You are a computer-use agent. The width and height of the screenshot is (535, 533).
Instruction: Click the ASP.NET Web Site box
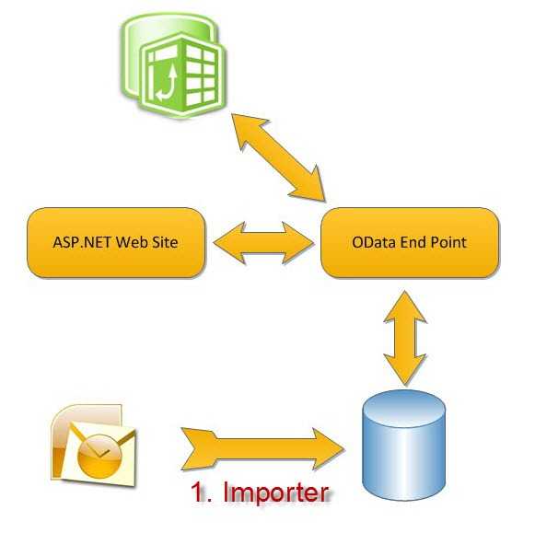[x=116, y=242]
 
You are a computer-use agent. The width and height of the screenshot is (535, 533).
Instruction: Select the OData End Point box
[x=410, y=242]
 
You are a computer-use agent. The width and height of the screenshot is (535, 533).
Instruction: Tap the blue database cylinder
[x=404, y=446]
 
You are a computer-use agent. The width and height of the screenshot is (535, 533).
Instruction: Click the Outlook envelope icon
[x=93, y=446]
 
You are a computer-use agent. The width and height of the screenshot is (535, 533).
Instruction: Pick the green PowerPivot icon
[x=173, y=65]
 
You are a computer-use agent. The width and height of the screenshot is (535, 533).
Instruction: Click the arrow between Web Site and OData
[x=263, y=242]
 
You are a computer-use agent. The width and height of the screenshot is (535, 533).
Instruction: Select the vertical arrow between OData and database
[x=405, y=338]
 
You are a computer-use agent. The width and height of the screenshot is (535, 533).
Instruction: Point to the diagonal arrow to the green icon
[x=278, y=157]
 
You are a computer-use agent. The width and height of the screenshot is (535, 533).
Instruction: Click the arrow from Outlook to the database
[x=262, y=449]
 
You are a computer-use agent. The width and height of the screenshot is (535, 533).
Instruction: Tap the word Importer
[x=276, y=492]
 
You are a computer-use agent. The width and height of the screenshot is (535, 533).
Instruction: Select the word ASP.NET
[x=82, y=242]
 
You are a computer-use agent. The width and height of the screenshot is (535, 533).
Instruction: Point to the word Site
[x=168, y=242]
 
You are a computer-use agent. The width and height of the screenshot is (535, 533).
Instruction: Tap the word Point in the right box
[x=448, y=242]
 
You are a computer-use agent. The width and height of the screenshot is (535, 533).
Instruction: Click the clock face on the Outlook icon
[x=99, y=456]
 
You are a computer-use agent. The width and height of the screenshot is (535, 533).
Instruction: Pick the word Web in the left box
[x=134, y=242]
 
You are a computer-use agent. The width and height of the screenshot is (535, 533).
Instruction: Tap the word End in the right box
[x=413, y=242]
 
